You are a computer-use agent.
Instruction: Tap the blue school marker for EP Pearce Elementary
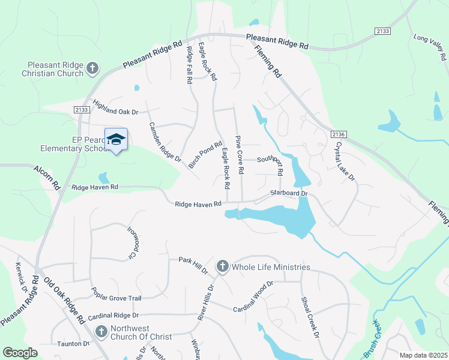(x=116, y=140)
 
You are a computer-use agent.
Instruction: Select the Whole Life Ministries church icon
(x=222, y=267)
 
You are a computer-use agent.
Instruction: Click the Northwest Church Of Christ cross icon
(x=101, y=331)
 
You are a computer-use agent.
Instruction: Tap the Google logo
(x=20, y=353)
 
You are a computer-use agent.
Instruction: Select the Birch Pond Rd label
(x=205, y=158)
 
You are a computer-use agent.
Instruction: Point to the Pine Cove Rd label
(x=240, y=154)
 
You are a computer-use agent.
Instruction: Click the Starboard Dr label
(x=289, y=194)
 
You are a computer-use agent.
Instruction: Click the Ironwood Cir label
(x=133, y=242)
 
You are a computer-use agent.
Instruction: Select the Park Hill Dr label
(x=193, y=265)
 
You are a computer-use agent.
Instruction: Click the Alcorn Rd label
(x=48, y=177)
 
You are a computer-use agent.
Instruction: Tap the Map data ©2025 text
(x=423, y=355)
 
